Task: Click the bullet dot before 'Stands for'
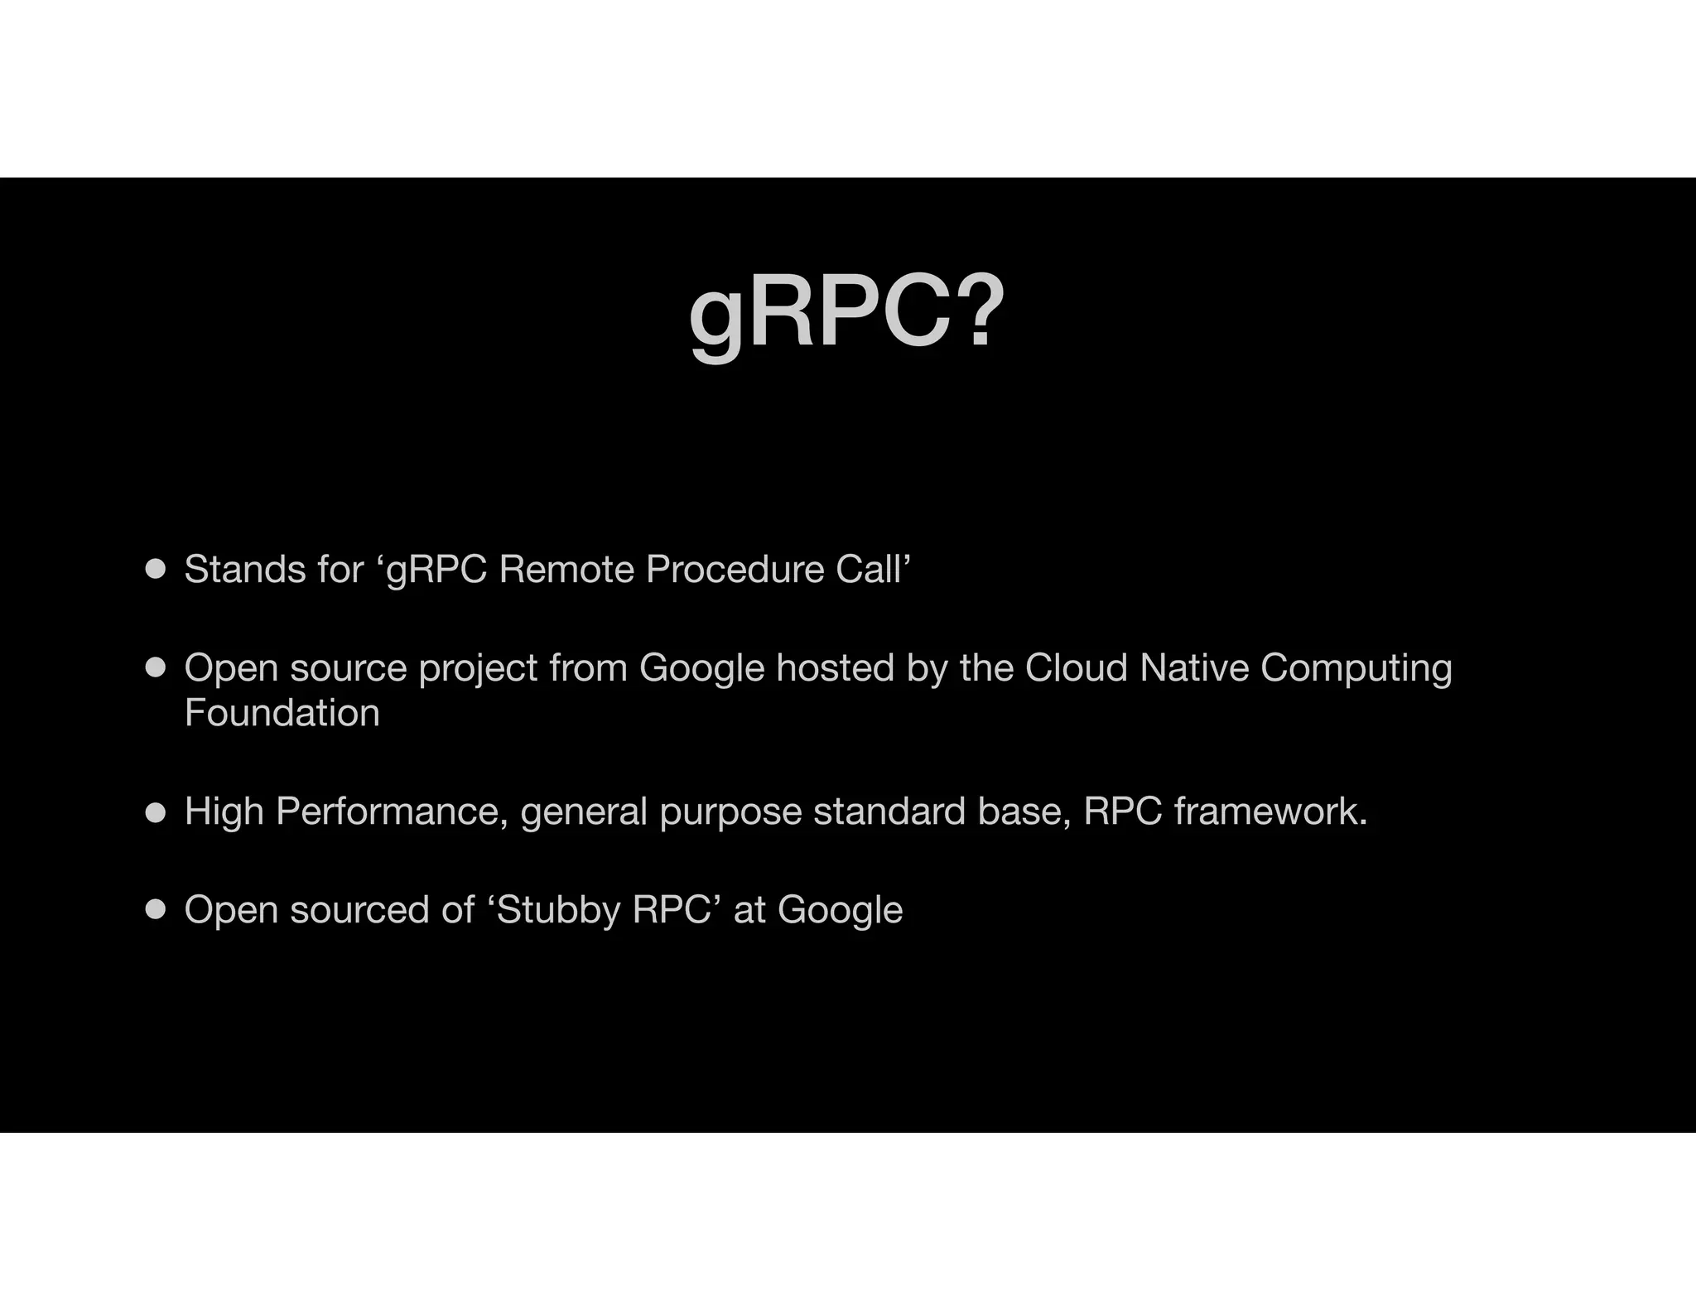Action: (x=156, y=569)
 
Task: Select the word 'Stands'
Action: (x=233, y=570)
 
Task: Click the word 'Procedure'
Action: (x=735, y=570)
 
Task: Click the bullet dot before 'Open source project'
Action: (x=156, y=667)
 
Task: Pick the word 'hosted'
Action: (x=835, y=667)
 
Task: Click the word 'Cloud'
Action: (x=1076, y=667)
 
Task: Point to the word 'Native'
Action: (x=1193, y=667)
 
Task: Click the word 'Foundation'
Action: (x=282, y=713)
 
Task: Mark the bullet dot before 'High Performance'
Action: (x=156, y=812)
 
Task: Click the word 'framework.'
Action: (x=1270, y=812)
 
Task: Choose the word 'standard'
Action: (x=889, y=812)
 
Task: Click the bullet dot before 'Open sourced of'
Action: (x=156, y=909)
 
